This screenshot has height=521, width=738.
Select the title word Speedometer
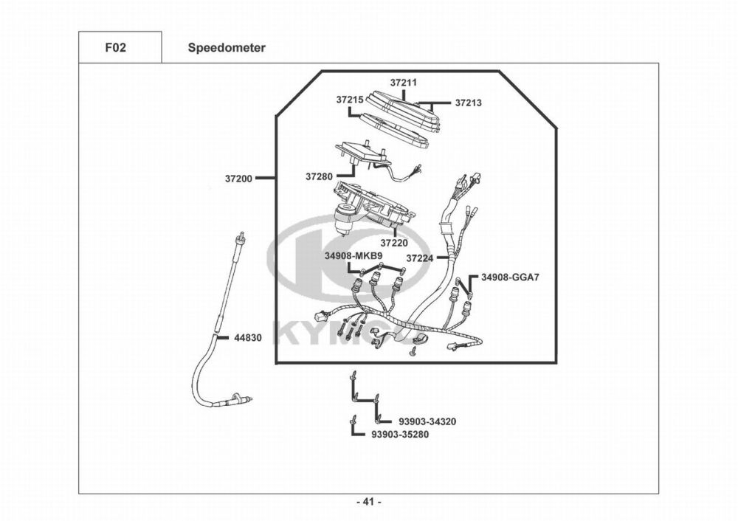[227, 48]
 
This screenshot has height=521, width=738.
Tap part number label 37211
[404, 83]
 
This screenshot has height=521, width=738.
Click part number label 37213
[468, 103]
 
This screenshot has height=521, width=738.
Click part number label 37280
[320, 177]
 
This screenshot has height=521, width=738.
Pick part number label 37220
[394, 242]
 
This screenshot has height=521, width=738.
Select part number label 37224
[420, 258]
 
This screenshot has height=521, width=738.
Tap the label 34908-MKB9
[353, 256]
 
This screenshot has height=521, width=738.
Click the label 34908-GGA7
[511, 277]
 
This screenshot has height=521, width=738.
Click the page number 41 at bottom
[368, 503]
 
